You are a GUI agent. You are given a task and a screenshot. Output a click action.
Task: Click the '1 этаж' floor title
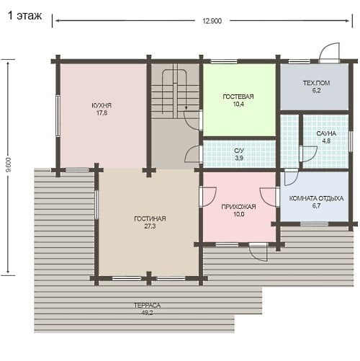pos(25,16)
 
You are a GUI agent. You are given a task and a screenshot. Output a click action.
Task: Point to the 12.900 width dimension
pos(212,21)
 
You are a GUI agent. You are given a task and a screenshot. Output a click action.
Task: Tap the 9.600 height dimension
pos(9,165)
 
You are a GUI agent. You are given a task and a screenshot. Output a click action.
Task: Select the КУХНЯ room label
pos(102,105)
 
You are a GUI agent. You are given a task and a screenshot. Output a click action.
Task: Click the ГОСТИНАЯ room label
pos(150,218)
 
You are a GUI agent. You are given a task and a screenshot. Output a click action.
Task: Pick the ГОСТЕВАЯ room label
pos(238,97)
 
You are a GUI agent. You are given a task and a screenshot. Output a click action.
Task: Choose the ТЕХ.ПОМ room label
pos(316,83)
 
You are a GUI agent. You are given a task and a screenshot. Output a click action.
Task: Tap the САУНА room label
pos(326,133)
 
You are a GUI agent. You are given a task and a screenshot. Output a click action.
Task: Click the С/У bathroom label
pos(239,151)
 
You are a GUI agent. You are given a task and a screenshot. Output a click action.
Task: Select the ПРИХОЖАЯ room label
pos(238,207)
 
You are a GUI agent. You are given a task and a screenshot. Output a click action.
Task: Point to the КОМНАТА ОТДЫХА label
pos(316,198)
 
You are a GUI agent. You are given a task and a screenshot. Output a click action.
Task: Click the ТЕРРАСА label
pos(147,306)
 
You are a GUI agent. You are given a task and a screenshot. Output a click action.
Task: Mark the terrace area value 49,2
pos(147,313)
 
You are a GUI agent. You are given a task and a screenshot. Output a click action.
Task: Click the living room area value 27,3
pos(150,226)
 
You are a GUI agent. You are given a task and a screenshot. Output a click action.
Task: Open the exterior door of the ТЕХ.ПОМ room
pos(329,53)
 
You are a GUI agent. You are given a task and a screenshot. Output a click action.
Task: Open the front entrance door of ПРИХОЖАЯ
pos(258,251)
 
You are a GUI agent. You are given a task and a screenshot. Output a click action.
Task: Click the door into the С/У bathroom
pos(194,153)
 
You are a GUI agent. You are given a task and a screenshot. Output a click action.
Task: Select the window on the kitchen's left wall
pos(58,116)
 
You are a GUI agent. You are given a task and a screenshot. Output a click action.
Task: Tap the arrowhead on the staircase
pos(186,109)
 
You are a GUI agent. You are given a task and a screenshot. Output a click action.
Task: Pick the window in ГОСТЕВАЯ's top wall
pos(224,61)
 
